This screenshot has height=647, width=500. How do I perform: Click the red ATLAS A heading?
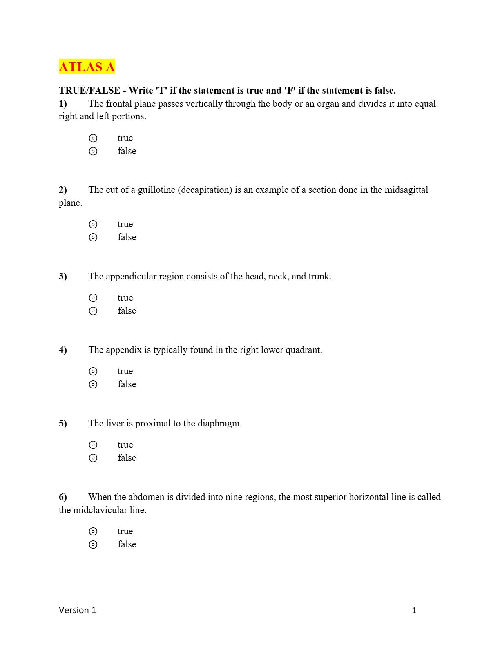(87, 67)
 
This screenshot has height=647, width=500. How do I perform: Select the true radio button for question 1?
(93, 138)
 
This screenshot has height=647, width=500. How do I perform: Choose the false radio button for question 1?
(93, 151)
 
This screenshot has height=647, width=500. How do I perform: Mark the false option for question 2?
(93, 237)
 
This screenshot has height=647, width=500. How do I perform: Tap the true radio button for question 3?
(93, 298)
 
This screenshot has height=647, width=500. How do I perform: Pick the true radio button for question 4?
(93, 371)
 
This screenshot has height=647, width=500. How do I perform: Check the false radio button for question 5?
(93, 458)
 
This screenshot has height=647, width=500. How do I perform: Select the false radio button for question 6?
(93, 544)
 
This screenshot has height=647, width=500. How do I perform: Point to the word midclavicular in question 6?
(109, 510)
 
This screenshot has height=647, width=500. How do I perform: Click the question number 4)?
(63, 350)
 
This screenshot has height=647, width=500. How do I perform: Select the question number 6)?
(63, 497)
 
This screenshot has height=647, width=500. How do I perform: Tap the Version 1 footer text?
(77, 610)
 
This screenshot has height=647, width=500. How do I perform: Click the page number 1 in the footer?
(414, 611)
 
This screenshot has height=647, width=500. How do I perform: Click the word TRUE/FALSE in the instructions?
(89, 91)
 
